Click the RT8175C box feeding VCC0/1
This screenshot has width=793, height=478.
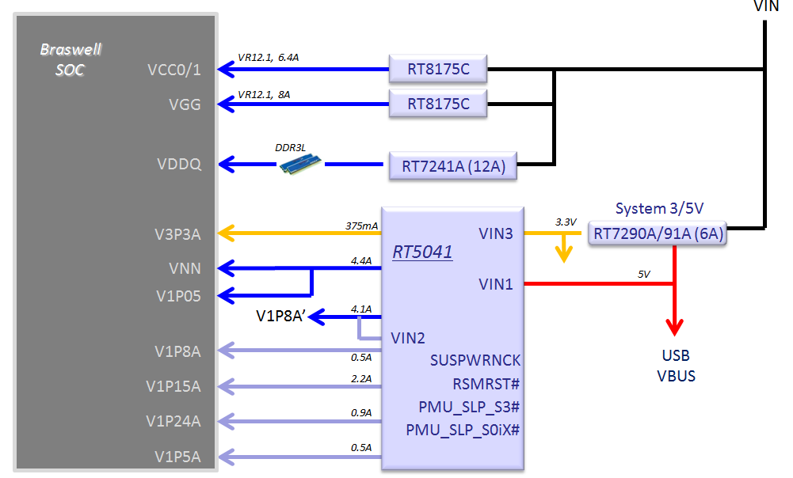tap(438, 70)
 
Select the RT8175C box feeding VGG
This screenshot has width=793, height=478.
tap(438, 103)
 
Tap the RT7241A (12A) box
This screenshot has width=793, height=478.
tap(452, 166)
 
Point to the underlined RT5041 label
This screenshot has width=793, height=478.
tap(422, 253)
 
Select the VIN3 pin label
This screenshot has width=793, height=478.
tap(496, 233)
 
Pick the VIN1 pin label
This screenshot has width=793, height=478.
tap(496, 283)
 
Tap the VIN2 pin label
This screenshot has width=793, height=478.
tap(408, 338)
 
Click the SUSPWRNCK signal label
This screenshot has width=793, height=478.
tap(475, 360)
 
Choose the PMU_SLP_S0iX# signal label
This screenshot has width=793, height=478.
tap(463, 431)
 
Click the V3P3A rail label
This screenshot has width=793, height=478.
tap(178, 233)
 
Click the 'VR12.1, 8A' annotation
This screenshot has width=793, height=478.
tap(264, 94)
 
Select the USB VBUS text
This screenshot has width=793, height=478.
tap(675, 366)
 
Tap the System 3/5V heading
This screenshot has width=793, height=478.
tap(659, 208)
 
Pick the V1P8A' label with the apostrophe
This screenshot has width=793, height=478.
tap(281, 317)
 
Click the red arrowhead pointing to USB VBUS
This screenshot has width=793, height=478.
tap(674, 326)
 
